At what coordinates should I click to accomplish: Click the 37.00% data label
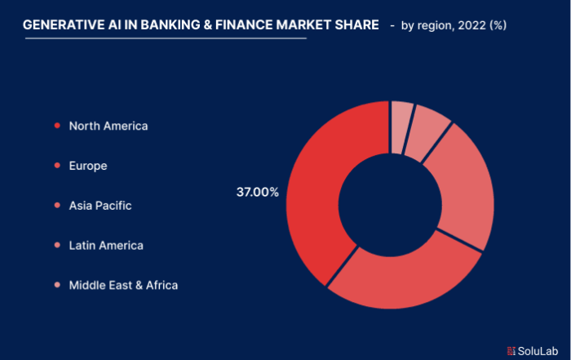pyautogui.click(x=258, y=192)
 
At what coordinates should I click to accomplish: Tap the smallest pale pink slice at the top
pyautogui.click(x=401, y=127)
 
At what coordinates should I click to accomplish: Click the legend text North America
pyautogui.click(x=108, y=126)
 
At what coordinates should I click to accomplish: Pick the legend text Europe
pyautogui.click(x=88, y=167)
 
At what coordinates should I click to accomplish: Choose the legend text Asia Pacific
pyautogui.click(x=100, y=206)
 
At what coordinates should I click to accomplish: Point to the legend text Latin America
pyautogui.click(x=106, y=245)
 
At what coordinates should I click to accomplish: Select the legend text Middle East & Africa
pyautogui.click(x=123, y=285)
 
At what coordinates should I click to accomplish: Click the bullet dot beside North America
pyautogui.click(x=57, y=126)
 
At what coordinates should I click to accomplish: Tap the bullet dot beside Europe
pyautogui.click(x=57, y=166)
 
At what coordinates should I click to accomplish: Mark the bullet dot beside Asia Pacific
pyautogui.click(x=57, y=205)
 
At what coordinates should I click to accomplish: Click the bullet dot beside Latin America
pyautogui.click(x=57, y=245)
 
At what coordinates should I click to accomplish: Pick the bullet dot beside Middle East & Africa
pyautogui.click(x=57, y=285)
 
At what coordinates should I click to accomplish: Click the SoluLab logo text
pyautogui.click(x=538, y=351)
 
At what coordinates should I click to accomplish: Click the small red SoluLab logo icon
pyautogui.click(x=511, y=351)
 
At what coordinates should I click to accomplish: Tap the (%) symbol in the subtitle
pyautogui.click(x=498, y=25)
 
